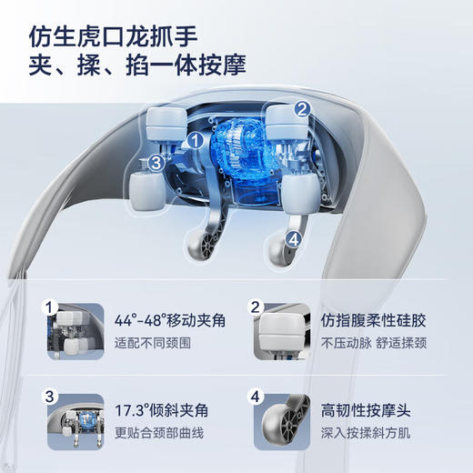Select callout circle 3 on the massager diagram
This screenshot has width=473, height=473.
point(156,163)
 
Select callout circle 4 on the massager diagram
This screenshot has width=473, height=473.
point(293,239)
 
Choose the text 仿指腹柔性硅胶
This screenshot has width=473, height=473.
point(374,320)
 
